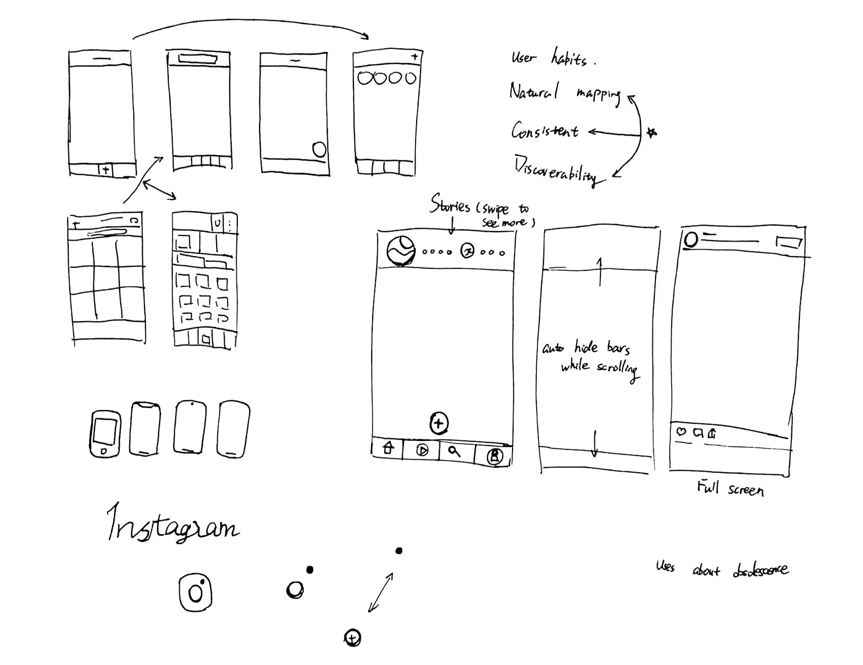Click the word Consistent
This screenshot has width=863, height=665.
pos(544,131)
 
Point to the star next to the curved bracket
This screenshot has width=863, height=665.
pos(651,133)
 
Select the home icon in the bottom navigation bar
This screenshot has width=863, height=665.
pos(388,448)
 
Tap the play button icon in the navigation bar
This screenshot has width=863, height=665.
pos(422,450)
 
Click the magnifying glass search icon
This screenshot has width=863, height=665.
pos(454,451)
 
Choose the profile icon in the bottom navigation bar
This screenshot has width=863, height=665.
pos(494,456)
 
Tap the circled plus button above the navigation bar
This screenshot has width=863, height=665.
pos(438,423)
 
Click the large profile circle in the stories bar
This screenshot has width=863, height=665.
pos(401,250)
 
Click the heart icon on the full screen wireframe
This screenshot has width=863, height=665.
pos(681,431)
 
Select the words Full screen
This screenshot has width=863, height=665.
pos(730,488)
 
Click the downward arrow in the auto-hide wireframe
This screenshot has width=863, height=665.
pos(594,443)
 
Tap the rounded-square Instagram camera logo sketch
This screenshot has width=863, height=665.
pos(195,592)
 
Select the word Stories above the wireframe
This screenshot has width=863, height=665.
pos(449,204)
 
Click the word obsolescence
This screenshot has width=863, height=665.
pos(760,570)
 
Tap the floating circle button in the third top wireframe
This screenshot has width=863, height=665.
pos(319,149)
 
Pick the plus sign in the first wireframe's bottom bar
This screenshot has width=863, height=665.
pos(105,170)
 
